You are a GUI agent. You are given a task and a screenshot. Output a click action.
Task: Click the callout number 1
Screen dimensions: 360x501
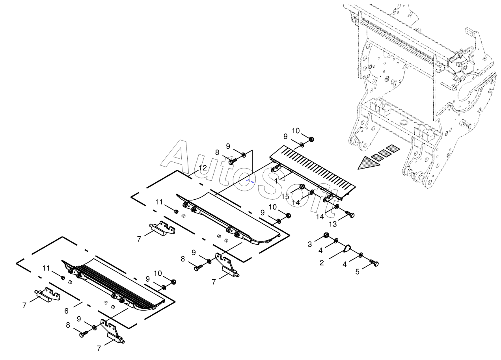pos(277,181)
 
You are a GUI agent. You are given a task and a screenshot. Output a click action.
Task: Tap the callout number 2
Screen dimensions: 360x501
pos(322,263)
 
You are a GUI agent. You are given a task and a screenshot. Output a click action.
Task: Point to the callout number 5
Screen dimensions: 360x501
pos(358,271)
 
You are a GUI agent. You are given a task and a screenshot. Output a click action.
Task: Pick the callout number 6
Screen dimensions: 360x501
pos(66,311)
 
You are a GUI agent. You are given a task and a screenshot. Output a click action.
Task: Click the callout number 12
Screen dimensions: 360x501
pos(203,168)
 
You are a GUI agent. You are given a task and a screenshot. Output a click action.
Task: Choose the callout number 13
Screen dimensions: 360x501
pos(333,224)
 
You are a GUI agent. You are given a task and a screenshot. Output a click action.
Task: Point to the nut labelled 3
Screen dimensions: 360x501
pos(326,236)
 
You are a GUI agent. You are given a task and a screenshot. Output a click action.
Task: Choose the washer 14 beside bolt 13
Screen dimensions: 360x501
pos(337,207)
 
